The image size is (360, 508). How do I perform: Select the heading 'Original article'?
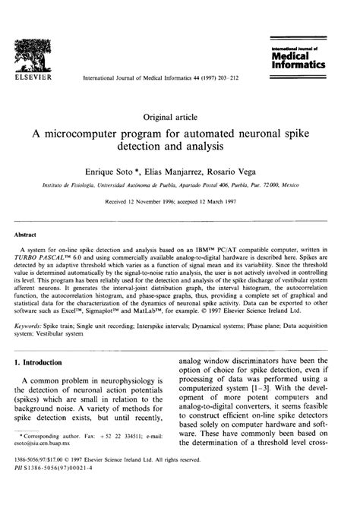pyautogui.click(x=179, y=117)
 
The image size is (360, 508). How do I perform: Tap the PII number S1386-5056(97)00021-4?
pyautogui.click(x=81, y=491)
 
